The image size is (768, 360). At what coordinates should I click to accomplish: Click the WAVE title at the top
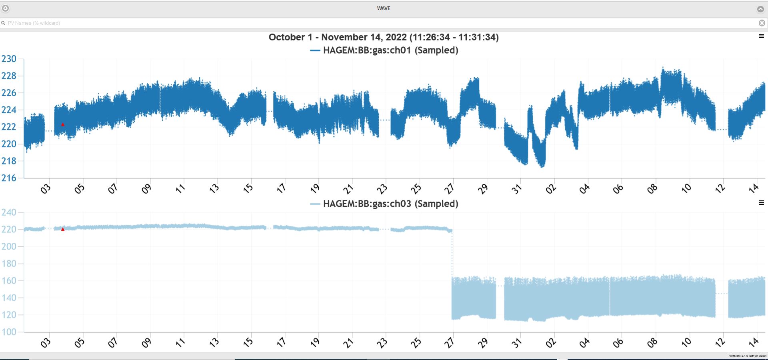coord(384,8)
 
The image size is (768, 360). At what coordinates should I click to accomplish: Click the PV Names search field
coord(360,23)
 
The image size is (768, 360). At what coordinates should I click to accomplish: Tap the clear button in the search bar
coord(762,23)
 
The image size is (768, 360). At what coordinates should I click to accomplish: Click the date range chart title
coord(384,37)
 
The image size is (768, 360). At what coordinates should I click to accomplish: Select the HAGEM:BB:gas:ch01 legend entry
coord(384,50)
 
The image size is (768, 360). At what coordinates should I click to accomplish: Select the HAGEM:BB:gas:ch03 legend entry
coord(384,204)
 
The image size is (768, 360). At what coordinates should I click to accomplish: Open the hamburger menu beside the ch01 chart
coord(761,36)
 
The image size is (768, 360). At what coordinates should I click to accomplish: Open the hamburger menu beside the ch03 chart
coord(761,203)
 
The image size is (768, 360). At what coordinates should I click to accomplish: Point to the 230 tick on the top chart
coord(9,59)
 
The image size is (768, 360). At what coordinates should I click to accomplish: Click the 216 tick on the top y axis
coord(9,178)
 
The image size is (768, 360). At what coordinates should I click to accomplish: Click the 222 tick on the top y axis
coord(9,127)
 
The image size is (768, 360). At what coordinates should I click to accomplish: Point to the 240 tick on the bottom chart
coord(9,212)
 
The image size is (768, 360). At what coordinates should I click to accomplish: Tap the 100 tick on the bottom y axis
coord(9,332)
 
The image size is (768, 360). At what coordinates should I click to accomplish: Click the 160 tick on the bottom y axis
coord(9,281)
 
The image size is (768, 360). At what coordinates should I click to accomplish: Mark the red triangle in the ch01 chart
coord(63,124)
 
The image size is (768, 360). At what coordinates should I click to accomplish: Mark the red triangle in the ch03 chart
coord(63,229)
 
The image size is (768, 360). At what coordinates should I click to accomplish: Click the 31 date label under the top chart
coord(517,188)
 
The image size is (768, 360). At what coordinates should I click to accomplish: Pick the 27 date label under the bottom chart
coord(450,343)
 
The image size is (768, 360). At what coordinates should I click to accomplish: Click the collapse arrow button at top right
coord(760,9)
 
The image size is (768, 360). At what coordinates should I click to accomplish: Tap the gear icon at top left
coord(6,8)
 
